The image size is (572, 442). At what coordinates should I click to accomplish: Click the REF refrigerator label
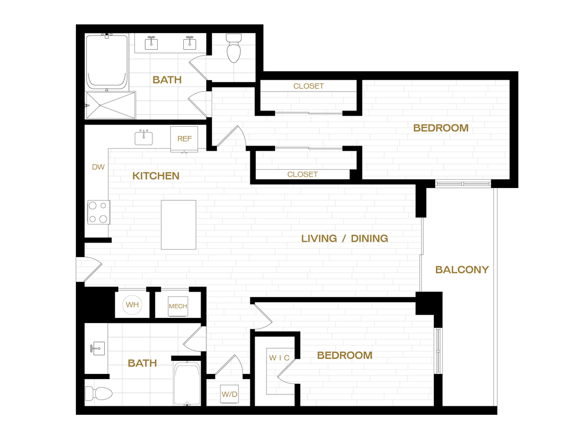click(x=184, y=139)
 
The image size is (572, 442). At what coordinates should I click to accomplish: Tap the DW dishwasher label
click(x=98, y=168)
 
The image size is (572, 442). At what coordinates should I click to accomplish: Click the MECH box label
click(x=178, y=306)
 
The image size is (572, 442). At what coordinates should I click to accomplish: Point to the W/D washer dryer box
click(x=229, y=394)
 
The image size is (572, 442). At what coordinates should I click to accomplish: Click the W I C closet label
click(x=279, y=358)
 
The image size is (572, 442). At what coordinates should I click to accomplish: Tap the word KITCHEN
click(x=156, y=176)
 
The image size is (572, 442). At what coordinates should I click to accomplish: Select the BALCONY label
click(x=461, y=270)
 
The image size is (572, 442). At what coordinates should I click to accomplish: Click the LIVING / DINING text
click(x=344, y=238)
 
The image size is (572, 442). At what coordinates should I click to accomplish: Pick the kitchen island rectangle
click(x=179, y=225)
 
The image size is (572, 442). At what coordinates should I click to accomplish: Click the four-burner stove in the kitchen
click(x=98, y=212)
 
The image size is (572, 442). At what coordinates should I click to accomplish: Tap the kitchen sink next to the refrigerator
click(x=144, y=138)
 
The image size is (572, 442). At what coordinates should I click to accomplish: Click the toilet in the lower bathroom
click(x=99, y=393)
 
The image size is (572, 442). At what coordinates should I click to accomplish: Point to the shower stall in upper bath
click(x=111, y=105)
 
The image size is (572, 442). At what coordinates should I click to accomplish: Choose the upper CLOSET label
click(x=308, y=86)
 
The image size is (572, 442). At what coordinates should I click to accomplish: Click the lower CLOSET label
click(x=302, y=174)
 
